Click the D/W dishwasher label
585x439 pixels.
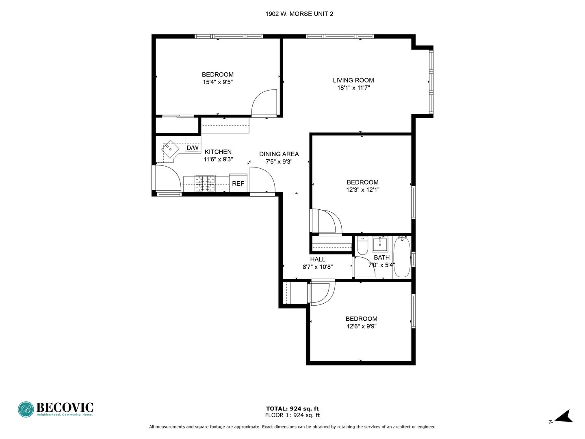coord(193,148)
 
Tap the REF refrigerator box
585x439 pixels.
coord(238,183)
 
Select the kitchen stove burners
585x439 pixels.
coord(205,183)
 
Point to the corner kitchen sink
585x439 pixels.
coord(170,149)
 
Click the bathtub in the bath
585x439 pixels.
coord(402,257)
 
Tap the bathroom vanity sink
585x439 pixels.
coord(380,245)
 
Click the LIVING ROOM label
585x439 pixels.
coord(353,80)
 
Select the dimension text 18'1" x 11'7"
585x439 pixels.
coord(353,88)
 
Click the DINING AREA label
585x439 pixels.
coord(279,154)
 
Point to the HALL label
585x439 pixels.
coord(317,259)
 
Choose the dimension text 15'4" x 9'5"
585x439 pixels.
coord(218,82)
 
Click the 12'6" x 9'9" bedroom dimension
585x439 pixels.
coord(362,326)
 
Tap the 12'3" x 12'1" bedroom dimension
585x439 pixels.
coord(362,190)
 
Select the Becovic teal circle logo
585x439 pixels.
coord(26,409)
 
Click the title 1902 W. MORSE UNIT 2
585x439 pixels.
coord(299,14)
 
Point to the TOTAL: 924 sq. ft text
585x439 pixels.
coord(292,409)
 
